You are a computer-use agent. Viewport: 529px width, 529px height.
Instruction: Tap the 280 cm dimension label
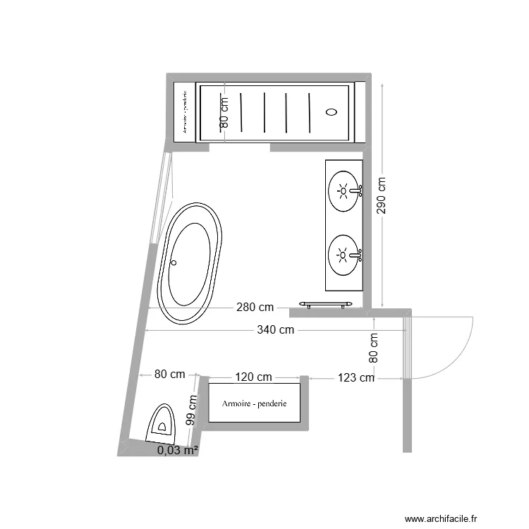(x=255, y=308)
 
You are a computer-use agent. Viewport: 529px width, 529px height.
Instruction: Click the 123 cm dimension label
(x=355, y=378)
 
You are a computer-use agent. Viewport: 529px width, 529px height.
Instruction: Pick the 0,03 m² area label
(x=177, y=450)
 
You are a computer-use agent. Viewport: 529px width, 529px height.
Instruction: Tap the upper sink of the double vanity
(x=344, y=190)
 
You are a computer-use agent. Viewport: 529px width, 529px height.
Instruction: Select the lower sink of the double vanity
(x=344, y=255)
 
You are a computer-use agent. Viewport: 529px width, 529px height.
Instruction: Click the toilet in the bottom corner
(x=162, y=423)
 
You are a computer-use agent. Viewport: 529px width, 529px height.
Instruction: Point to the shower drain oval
(x=332, y=111)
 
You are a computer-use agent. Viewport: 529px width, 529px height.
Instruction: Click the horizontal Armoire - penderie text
(x=254, y=403)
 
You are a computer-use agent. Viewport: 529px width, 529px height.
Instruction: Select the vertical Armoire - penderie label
(x=184, y=111)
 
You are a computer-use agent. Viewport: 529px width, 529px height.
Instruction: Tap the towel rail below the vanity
(x=325, y=304)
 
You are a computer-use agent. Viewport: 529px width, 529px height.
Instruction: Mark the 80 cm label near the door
(x=374, y=348)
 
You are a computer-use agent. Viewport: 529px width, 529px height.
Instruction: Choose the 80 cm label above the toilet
(x=169, y=375)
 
